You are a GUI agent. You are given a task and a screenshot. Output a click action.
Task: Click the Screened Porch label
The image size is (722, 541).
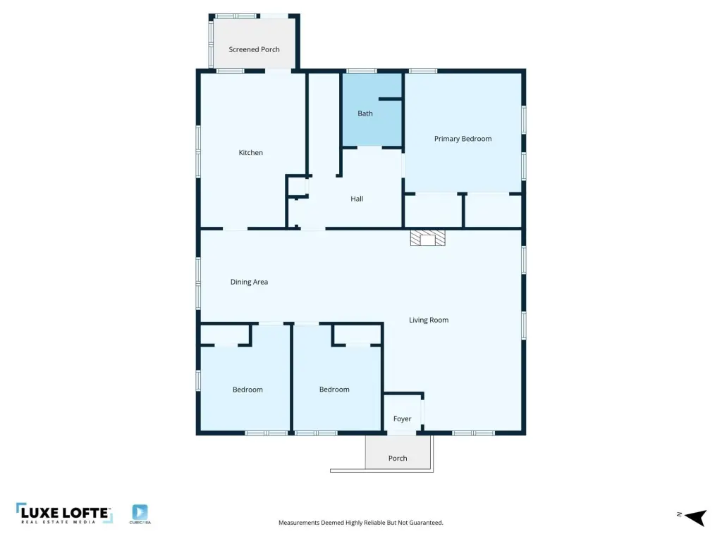[x=254, y=49]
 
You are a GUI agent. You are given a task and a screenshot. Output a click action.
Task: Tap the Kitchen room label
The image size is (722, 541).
[x=250, y=152]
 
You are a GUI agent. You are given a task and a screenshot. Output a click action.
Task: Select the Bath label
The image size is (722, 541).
[x=365, y=113]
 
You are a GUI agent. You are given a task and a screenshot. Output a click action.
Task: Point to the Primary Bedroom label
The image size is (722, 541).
[x=463, y=139]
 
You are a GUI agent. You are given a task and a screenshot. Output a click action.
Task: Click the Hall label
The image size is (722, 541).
[x=357, y=199]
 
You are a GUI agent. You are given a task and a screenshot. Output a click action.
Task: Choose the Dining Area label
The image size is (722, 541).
[x=249, y=282]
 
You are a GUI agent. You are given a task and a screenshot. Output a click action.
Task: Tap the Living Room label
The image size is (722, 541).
[x=429, y=321]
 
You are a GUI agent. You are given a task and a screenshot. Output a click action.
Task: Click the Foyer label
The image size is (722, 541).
[x=402, y=418]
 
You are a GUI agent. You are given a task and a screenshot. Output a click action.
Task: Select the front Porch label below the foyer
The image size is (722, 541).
[x=398, y=458]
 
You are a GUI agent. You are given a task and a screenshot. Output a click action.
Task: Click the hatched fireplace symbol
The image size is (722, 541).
[x=428, y=238]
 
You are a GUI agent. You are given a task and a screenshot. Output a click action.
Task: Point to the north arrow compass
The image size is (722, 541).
[x=695, y=517]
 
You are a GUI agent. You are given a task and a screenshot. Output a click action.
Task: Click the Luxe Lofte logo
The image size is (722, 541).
[x=64, y=514]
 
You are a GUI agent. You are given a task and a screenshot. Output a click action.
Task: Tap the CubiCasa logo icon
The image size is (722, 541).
[x=140, y=512]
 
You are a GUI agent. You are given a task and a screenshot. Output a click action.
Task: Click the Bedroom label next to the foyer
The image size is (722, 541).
[x=334, y=389]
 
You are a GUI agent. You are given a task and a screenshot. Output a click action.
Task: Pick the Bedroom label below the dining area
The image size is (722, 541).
[x=247, y=390]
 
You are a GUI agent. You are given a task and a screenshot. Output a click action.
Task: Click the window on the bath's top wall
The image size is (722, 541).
[x=362, y=71]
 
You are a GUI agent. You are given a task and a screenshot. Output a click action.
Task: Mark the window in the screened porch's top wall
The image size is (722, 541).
[x=235, y=16]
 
